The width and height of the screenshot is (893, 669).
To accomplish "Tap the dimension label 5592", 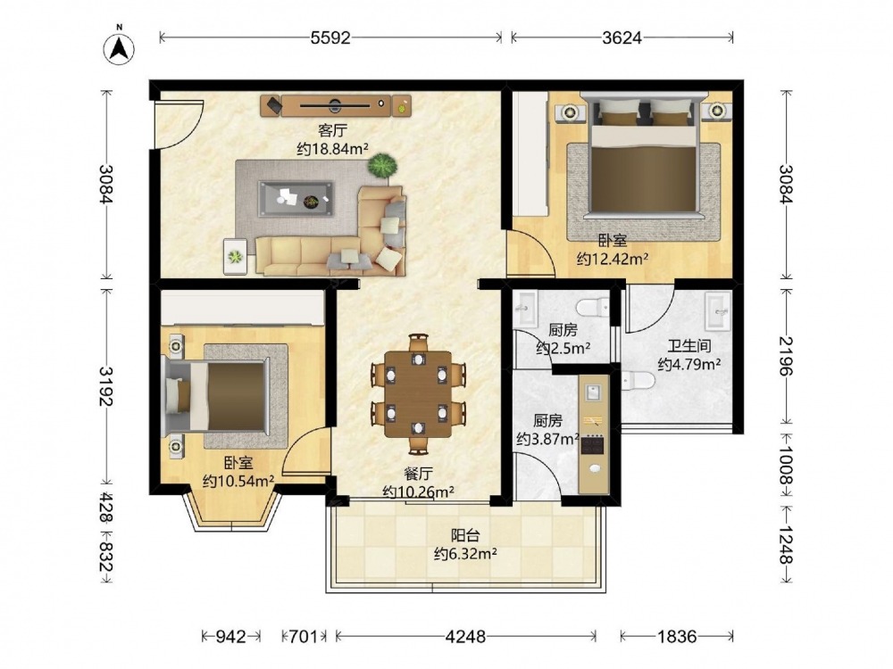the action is pos(331,37).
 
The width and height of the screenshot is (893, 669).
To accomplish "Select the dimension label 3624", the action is pos(622,37).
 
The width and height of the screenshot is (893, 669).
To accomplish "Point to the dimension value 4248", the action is pos(466,636).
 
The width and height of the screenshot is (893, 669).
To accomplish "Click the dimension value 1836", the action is pos(677,636).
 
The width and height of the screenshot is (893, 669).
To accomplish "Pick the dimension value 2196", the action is pos(786,356).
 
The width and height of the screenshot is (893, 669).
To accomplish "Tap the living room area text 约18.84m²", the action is pos(333,149).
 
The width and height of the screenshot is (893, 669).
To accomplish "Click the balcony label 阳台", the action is pos(465,535).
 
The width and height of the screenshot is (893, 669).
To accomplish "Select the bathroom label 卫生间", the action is pos(689,345).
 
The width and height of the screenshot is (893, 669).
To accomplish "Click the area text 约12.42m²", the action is pos(613,260).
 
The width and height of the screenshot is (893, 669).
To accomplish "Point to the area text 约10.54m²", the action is pos(238,482).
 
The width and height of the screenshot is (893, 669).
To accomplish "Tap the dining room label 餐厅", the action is pos(419,474).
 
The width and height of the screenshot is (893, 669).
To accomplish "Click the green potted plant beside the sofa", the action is pos(381,166).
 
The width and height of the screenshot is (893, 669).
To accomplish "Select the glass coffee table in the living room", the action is pos(296,199).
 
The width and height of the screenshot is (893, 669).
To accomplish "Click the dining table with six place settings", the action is pos(418,394).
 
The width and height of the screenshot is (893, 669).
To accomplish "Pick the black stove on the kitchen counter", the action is pos(593,444).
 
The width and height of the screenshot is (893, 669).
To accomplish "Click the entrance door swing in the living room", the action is pos(181,124).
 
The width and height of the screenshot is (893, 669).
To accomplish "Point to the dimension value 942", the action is pos(232,636).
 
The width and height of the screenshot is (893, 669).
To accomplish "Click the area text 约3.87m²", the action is pos(548,439).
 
